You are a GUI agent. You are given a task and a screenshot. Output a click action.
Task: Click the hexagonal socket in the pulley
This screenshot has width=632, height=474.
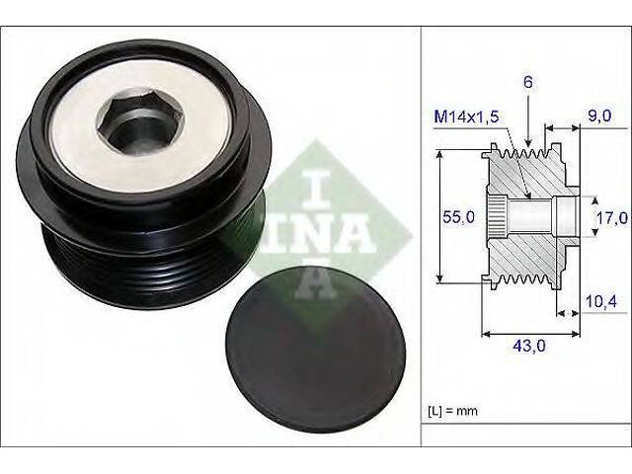pyautogui.click(x=140, y=120)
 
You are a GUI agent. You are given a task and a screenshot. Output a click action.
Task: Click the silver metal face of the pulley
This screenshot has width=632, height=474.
pyautogui.click(x=141, y=126)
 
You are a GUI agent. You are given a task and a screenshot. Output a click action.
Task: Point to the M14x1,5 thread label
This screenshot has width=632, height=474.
pyautogui.click(x=466, y=117)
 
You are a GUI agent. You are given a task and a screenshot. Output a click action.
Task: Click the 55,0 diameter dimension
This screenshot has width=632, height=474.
pyautogui.click(x=458, y=217)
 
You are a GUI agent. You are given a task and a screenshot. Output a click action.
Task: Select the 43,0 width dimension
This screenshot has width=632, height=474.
pyautogui.click(x=529, y=346)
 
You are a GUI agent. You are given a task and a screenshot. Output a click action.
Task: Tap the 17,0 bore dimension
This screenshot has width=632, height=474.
pyautogui.click(x=612, y=217)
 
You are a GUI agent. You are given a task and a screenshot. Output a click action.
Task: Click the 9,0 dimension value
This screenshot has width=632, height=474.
pyautogui.click(x=599, y=116)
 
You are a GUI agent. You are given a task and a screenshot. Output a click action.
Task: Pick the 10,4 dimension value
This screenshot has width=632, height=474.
pyautogui.click(x=601, y=301)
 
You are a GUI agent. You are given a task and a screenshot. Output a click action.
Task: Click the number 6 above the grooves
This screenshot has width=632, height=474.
pyautogui.click(x=528, y=82)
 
